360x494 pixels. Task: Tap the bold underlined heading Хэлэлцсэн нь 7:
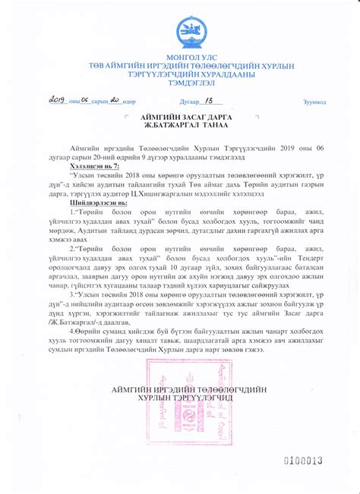coord(94,163)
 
